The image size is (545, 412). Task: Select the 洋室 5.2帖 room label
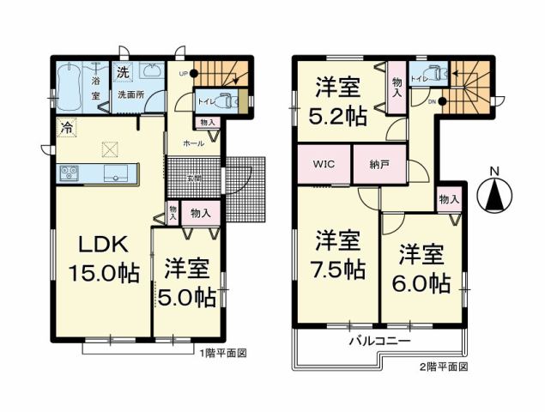[337, 101]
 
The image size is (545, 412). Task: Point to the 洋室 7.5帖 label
[338, 252]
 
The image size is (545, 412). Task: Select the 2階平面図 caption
[443, 367]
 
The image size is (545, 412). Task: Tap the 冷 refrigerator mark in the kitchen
[66, 128]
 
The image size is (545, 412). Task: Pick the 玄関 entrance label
[197, 178]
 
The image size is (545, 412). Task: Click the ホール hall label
[193, 143]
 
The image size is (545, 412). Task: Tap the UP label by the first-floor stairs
[181, 74]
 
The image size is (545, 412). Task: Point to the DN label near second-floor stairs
[432, 100]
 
